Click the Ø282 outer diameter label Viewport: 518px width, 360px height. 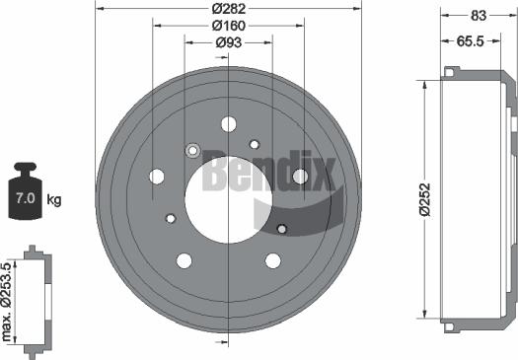point(229,9)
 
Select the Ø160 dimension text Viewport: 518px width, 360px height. point(229,26)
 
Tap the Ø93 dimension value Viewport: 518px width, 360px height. point(229,42)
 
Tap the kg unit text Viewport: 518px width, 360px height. point(54,200)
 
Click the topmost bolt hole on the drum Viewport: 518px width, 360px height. point(229,123)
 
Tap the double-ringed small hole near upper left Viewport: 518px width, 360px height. point(192,151)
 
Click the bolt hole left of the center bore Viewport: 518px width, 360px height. point(156,177)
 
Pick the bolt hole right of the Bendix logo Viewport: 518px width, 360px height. point(301,177)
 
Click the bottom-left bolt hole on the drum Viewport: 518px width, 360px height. point(184,260)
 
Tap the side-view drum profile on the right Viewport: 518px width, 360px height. point(479,194)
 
